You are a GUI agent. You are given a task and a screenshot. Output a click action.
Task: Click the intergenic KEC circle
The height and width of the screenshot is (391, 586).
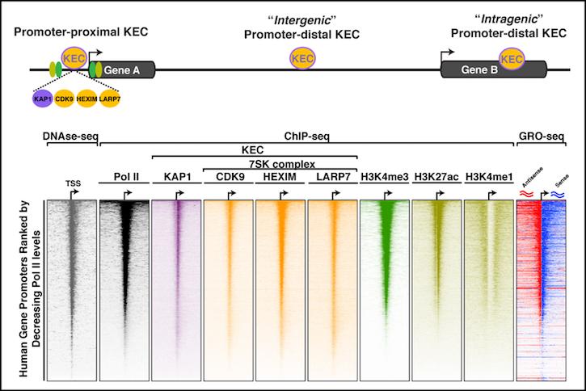(302, 59)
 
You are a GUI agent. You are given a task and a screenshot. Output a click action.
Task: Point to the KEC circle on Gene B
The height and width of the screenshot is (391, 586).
(512, 59)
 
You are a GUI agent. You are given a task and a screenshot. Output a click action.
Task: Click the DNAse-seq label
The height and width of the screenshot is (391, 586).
(70, 137)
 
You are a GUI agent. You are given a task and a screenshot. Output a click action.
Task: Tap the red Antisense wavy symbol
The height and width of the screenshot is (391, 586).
(526, 193)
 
